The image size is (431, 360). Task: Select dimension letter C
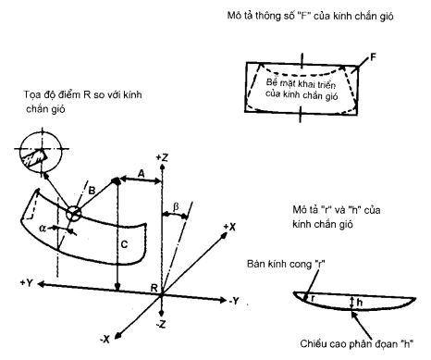tap(123, 245)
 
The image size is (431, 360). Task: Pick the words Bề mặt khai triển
tap(299, 83)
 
